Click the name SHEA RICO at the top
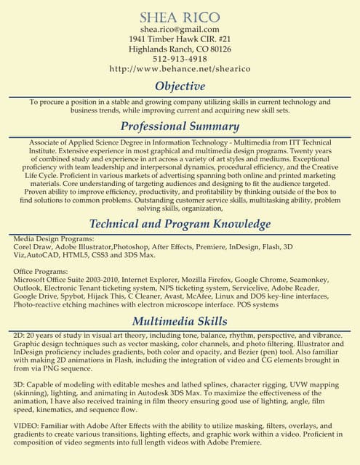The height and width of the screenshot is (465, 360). coord(180,17)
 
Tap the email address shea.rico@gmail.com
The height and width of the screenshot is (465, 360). coord(180,29)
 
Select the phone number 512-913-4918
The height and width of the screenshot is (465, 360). coord(180,59)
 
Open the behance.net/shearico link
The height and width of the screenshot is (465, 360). coord(180,69)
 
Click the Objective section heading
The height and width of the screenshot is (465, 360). coord(180,86)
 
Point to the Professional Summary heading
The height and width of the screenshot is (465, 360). coord(180,126)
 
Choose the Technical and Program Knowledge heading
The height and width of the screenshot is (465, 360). coord(180,223)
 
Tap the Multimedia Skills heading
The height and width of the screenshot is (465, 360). coord(180,320)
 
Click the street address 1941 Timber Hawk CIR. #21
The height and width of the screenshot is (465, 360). coord(180,39)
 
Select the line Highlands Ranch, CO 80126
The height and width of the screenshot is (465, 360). coord(180,49)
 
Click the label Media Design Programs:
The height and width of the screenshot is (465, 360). coord(54,239)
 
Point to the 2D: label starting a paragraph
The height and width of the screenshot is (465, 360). coord(20,335)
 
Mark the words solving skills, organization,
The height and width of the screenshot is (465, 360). coord(180,207)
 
